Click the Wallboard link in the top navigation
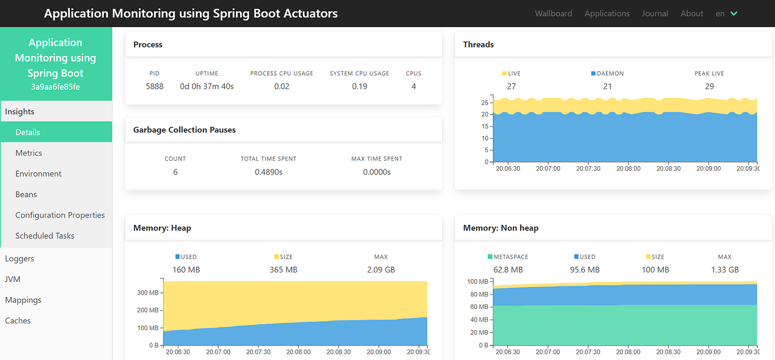click(x=553, y=13)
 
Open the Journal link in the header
click(x=655, y=13)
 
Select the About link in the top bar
click(x=691, y=13)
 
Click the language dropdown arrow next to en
click(x=734, y=13)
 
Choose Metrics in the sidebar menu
click(x=29, y=153)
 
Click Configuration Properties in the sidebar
click(x=60, y=215)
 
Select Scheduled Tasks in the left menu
click(x=45, y=235)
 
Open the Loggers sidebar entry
click(x=19, y=259)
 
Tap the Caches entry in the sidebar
click(x=18, y=321)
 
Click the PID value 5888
click(x=154, y=86)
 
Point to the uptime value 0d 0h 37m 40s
click(x=207, y=86)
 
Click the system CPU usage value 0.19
click(x=359, y=86)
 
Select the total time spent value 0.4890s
click(x=268, y=172)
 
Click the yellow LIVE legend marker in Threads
click(x=504, y=73)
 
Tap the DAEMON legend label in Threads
click(x=610, y=73)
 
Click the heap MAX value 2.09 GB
click(x=381, y=270)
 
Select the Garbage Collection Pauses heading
click(x=184, y=130)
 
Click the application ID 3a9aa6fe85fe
click(x=56, y=87)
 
